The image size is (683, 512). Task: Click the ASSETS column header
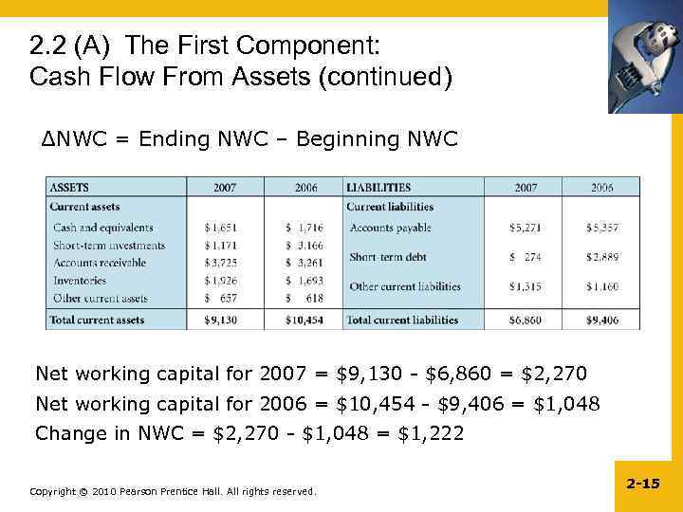[x=69, y=188]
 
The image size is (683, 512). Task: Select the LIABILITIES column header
[x=378, y=188]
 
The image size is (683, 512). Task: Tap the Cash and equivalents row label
[x=103, y=228]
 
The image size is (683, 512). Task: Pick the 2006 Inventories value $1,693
[x=305, y=281]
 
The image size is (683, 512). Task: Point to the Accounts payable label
[x=390, y=228]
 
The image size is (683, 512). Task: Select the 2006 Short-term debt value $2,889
[x=602, y=257]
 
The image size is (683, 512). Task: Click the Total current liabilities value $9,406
[x=602, y=320]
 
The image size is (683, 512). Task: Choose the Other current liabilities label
[x=405, y=286]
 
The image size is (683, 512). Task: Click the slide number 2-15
[x=643, y=484]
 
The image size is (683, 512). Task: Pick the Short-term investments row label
[x=109, y=246]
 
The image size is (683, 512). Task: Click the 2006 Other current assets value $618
[x=305, y=299]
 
